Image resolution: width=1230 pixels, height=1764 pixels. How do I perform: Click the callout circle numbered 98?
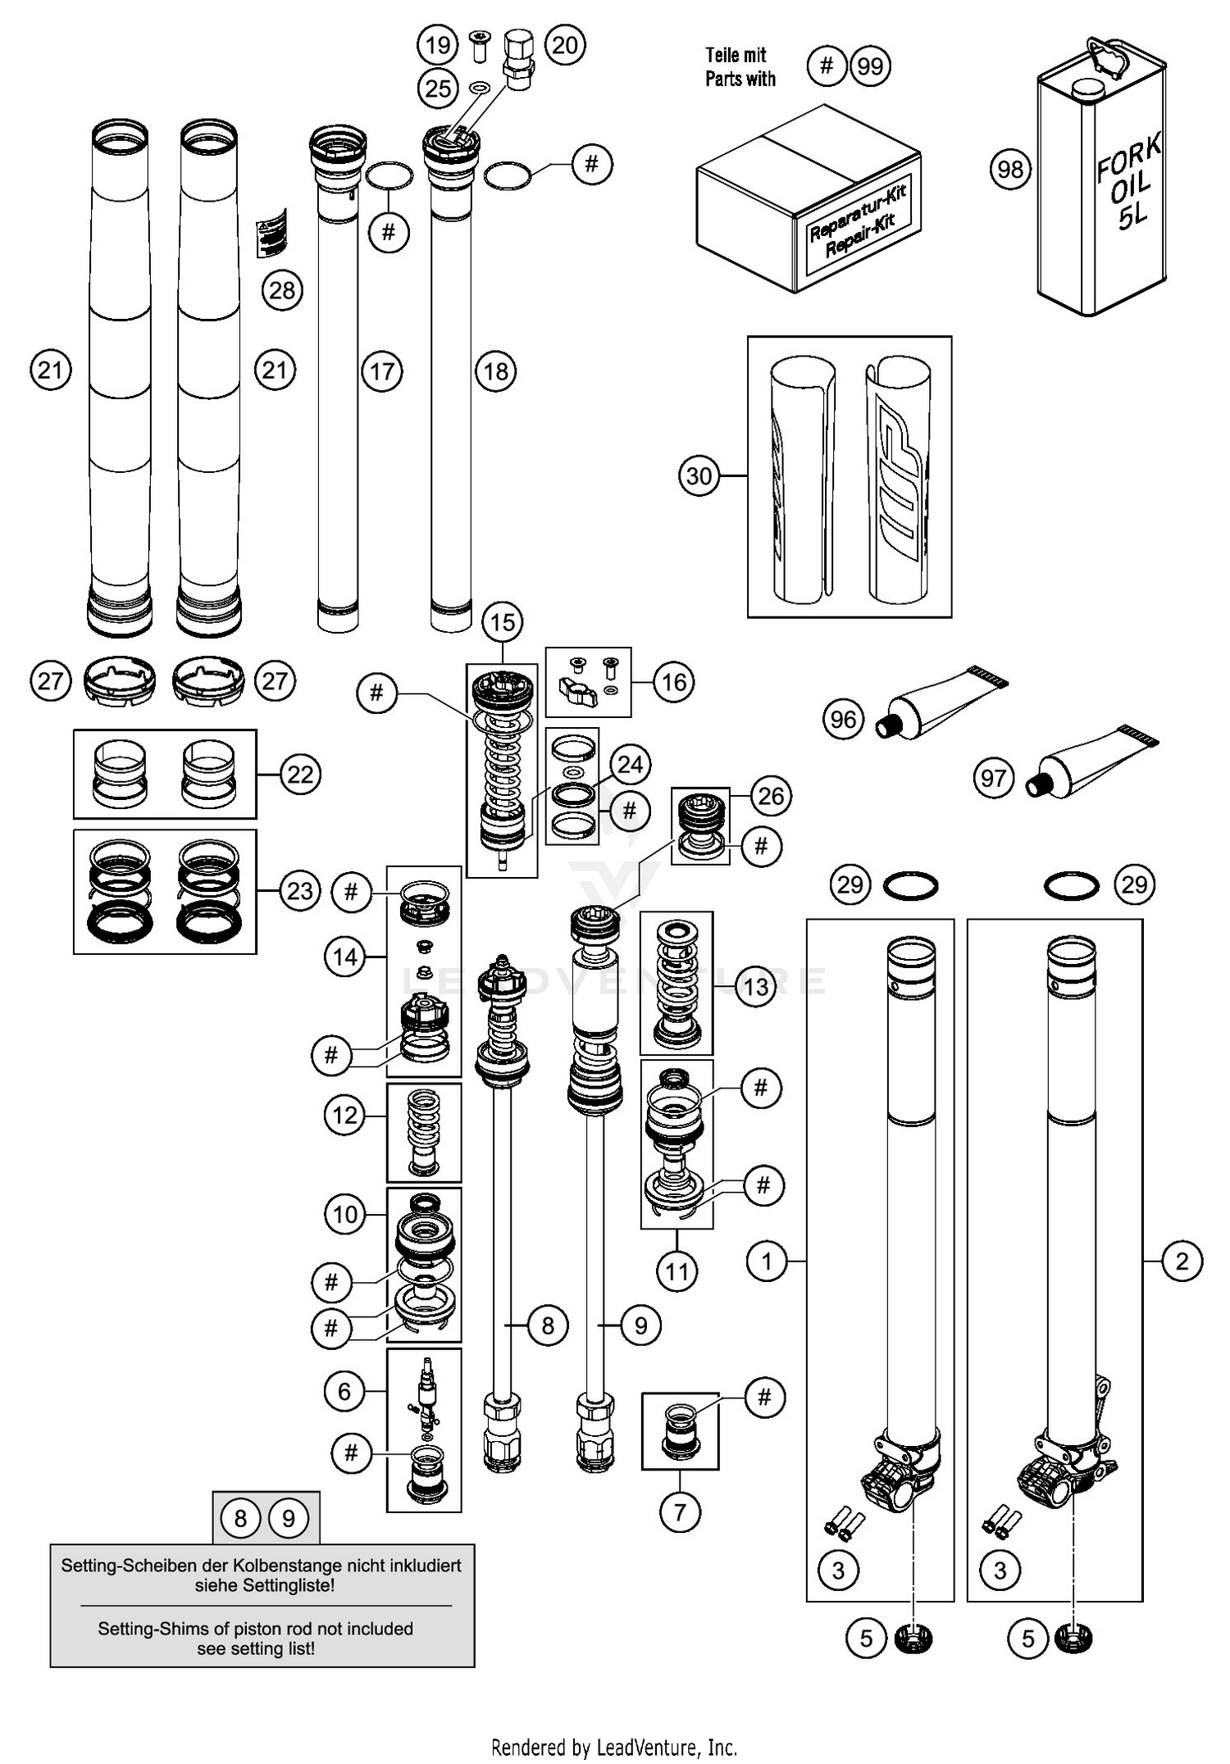(1010, 170)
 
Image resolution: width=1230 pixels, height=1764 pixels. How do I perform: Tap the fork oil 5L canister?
(1102, 184)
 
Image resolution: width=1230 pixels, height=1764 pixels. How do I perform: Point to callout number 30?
(699, 475)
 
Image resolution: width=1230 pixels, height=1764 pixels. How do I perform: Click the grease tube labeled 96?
(943, 704)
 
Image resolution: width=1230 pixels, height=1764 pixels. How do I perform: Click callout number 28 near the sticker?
(282, 290)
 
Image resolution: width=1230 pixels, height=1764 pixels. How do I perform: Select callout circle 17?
(382, 371)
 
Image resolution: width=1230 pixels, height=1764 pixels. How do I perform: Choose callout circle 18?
(495, 371)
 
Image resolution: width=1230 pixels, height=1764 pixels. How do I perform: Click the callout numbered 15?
(503, 622)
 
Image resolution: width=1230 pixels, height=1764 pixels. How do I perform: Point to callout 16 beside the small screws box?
(674, 682)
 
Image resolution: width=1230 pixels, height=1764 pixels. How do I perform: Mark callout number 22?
(300, 774)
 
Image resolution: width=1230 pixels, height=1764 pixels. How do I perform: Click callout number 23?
(300, 890)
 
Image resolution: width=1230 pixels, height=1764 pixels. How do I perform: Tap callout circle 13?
(755, 987)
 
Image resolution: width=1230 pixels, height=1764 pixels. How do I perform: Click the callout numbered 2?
(1182, 1261)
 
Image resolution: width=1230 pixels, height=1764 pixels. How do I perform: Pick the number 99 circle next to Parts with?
(870, 66)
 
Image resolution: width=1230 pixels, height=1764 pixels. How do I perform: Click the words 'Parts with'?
(740, 80)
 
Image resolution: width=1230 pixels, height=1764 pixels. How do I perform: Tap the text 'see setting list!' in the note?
(256, 1648)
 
